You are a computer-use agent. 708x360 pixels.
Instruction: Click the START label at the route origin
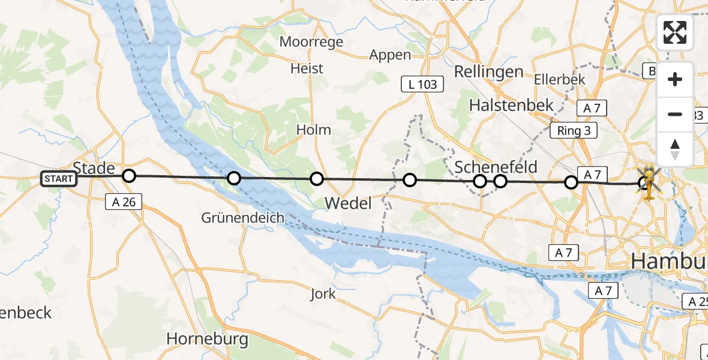(59, 179)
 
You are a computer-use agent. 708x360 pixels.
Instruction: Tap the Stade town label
(94, 168)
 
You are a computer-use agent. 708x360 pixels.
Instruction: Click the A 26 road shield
(124, 202)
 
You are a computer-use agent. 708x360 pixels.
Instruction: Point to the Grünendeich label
(243, 217)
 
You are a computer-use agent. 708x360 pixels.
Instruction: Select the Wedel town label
(348, 203)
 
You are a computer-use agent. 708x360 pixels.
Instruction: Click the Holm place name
(313, 130)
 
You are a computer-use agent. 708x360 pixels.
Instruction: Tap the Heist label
(307, 68)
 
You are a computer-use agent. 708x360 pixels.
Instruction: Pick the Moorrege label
(311, 42)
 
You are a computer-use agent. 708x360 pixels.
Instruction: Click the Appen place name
(390, 55)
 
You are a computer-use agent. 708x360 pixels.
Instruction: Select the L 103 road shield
(422, 85)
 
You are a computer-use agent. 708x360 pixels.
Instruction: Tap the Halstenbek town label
(511, 105)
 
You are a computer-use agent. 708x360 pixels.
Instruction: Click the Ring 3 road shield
(574, 131)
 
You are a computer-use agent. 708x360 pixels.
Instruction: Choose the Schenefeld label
(496, 167)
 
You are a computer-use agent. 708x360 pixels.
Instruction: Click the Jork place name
(323, 294)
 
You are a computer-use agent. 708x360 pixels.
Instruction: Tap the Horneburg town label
(207, 339)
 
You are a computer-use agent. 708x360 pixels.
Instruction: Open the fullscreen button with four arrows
(675, 32)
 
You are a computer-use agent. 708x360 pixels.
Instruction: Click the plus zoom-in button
(675, 79)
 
